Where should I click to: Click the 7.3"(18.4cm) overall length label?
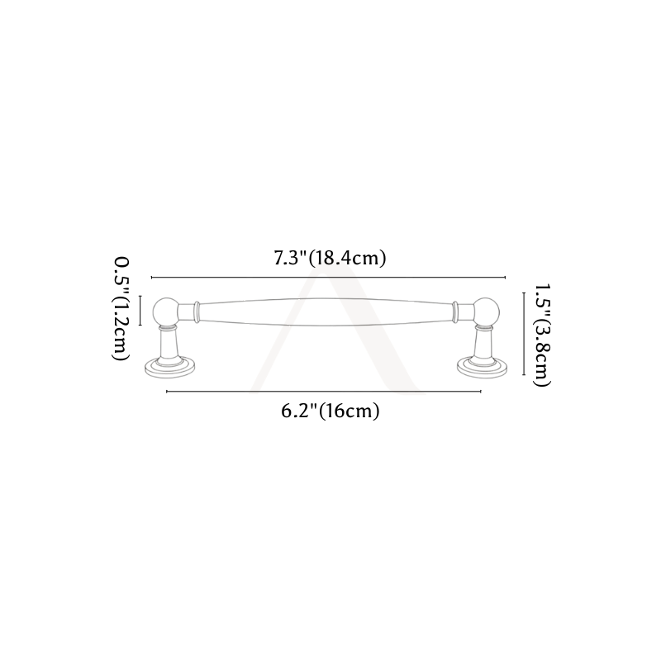coord(330,258)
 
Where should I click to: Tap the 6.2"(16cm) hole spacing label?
coord(330,411)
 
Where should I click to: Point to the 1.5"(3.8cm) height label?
coord(542,335)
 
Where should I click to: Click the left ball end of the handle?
coord(166,312)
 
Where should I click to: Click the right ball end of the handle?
coord(486,312)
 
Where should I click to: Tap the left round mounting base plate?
coord(170,368)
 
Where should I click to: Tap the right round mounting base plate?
coord(483,368)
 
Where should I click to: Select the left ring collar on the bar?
coord(197,312)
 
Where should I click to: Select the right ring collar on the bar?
coord(455,312)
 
